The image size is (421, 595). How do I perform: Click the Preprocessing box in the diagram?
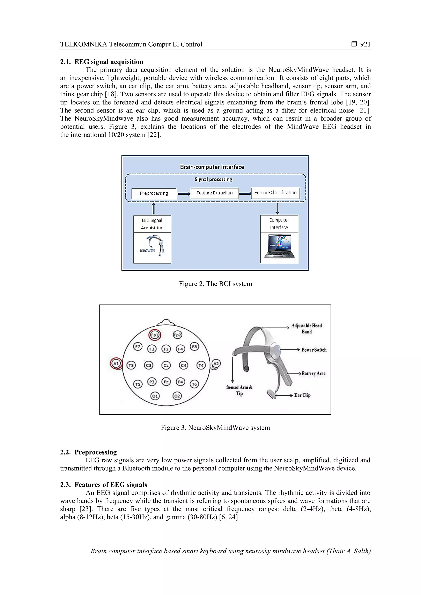click(154, 193)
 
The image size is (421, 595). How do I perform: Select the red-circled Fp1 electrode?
click(155, 335)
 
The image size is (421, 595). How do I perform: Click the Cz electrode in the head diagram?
click(166, 365)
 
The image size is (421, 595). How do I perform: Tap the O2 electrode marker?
click(177, 396)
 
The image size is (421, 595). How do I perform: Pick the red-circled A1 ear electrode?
click(116, 364)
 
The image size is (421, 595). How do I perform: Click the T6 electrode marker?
click(194, 384)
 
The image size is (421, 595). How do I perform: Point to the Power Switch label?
click(314, 350)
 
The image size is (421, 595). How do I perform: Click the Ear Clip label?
click(302, 395)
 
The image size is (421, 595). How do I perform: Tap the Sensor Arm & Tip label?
click(239, 390)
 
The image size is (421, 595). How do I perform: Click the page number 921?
click(365, 44)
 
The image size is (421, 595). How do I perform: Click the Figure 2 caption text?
click(215, 284)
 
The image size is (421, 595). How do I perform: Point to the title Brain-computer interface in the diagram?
click(212, 167)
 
